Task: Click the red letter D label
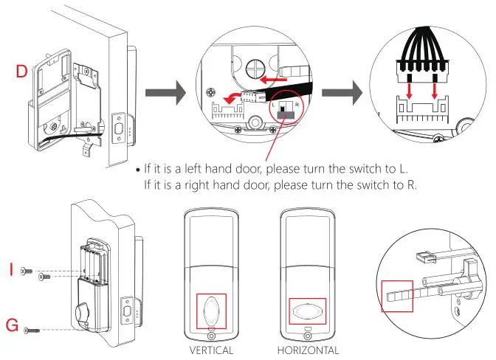(22, 72)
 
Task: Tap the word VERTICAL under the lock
(211, 350)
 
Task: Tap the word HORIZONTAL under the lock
(309, 350)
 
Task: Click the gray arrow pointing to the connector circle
(350, 94)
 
